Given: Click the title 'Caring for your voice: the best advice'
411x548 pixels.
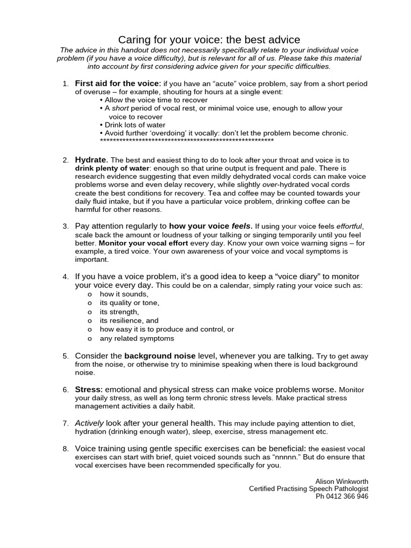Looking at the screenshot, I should [209, 40].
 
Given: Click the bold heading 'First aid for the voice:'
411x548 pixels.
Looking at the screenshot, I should [118, 83].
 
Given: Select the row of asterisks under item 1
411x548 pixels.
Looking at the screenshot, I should [187, 140].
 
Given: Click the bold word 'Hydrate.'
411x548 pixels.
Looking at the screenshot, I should [92, 159].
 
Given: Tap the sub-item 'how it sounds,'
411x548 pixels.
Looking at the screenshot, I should [124, 294].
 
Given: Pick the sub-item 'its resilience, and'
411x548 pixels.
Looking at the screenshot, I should [129, 321].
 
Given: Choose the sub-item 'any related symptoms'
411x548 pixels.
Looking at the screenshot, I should [136, 338].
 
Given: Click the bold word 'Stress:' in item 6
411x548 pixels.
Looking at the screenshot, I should [88, 389].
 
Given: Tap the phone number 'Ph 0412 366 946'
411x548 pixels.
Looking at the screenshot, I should [342, 496].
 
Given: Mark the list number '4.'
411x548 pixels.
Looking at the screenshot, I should [66, 277].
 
